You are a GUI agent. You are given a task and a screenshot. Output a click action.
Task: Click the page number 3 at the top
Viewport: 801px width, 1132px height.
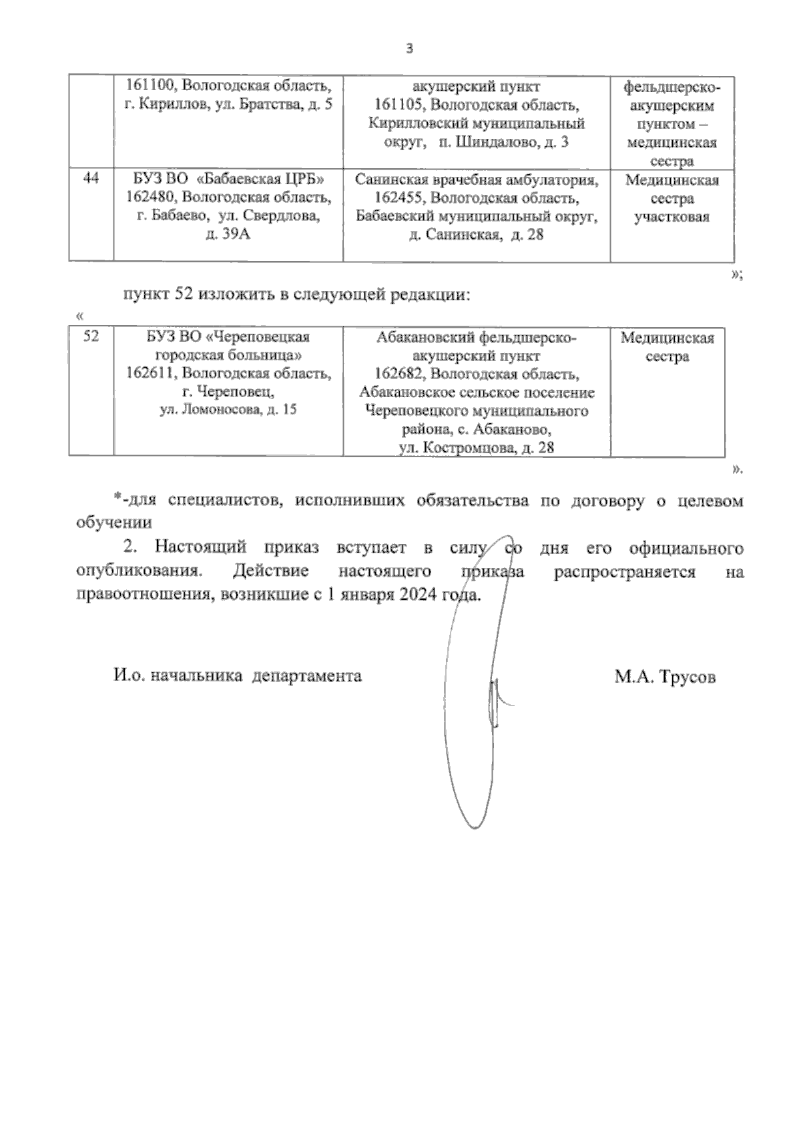click(410, 49)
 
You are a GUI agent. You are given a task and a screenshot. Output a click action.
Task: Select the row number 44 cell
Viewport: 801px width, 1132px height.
click(91, 180)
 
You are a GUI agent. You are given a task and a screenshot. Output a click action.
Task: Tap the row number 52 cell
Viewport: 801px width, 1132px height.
click(91, 337)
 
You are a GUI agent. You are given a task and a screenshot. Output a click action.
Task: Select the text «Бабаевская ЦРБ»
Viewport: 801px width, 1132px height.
click(262, 180)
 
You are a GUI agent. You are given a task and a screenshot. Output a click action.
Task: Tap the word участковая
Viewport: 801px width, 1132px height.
click(671, 217)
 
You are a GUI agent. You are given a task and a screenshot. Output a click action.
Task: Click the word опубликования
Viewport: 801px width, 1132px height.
click(138, 572)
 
